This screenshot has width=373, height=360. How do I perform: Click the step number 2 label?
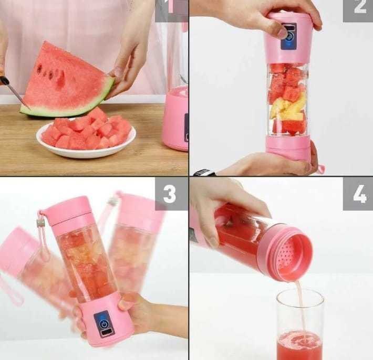pos(358,9)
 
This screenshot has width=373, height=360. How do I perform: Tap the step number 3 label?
pos(170,194)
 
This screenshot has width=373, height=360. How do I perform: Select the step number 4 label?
pos(358,194)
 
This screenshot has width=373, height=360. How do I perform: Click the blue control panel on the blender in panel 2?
pos(288,36)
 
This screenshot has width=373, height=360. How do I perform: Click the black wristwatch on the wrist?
pos(204,172)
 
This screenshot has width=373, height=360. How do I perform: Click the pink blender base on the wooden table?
pos(175,118)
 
